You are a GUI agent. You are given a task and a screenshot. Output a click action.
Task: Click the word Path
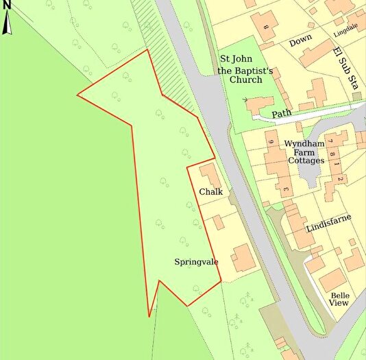coord(281,113)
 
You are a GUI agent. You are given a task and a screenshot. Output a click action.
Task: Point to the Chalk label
coord(211,191)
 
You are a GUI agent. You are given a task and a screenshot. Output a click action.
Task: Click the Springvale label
coord(195,261)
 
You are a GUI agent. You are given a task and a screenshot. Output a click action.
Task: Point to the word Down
coord(300,42)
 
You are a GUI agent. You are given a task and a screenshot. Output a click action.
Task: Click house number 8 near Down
coord(265,27)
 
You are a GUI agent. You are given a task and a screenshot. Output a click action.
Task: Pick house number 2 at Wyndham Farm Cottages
coord(339,179)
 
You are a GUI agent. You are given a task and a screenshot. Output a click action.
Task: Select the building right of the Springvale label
coord(243,258)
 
